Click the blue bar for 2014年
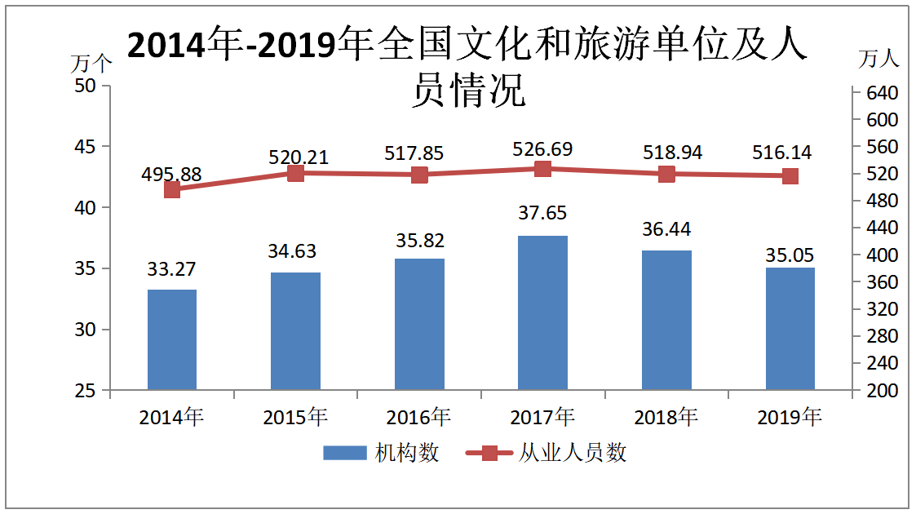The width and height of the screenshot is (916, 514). (x=172, y=339)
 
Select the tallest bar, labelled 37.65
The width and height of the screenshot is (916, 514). (x=542, y=312)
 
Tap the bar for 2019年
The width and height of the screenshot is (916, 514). (x=790, y=328)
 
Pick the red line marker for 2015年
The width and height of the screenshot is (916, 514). (x=296, y=173)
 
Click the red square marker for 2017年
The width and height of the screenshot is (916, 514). (x=542, y=169)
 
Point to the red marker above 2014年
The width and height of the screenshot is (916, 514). (x=172, y=189)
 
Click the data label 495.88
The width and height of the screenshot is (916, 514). (x=171, y=175)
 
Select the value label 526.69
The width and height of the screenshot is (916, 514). (x=542, y=149)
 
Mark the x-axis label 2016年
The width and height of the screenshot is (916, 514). (x=419, y=417)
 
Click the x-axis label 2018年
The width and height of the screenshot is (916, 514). (x=666, y=417)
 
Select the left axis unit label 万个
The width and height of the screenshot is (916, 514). (x=91, y=62)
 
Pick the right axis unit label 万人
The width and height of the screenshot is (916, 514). (x=879, y=59)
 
